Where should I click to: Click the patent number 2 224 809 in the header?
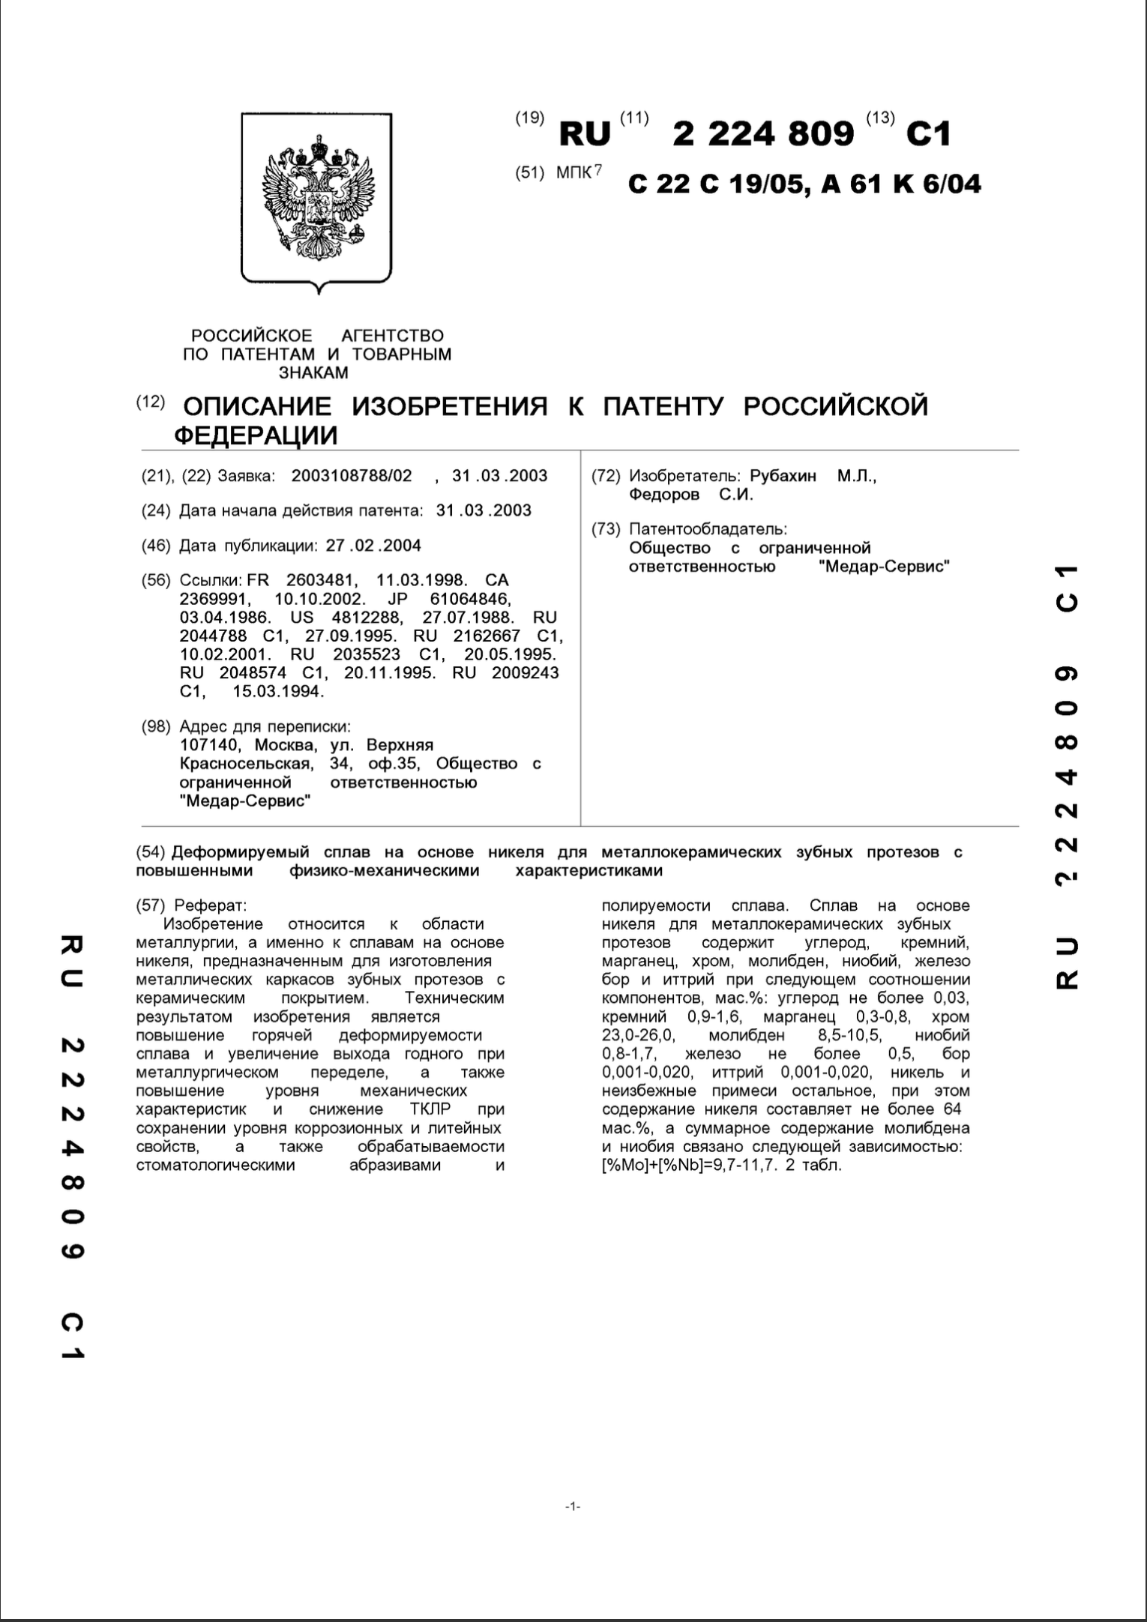[x=763, y=134]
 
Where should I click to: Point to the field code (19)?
[x=530, y=118]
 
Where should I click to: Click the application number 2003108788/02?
[x=352, y=476]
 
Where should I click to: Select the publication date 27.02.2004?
[x=373, y=546]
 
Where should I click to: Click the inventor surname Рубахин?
[x=783, y=476]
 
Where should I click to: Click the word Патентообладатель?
[x=708, y=529]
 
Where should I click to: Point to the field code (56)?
[x=156, y=580]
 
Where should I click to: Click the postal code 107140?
[x=210, y=745]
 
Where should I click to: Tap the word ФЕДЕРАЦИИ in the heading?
[x=256, y=435]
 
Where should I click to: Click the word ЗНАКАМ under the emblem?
[x=313, y=373]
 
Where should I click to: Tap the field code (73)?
[x=606, y=529]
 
